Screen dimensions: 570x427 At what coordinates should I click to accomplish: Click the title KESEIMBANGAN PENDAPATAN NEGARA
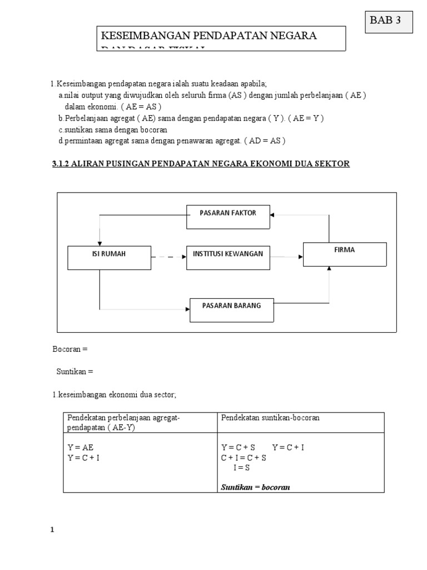(208, 36)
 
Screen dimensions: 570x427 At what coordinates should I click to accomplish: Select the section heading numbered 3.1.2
(201, 164)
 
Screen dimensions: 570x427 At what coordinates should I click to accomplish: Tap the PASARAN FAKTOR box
(228, 213)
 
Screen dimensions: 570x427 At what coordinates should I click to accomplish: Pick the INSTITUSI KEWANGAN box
(228, 254)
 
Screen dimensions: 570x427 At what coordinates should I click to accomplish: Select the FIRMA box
(345, 254)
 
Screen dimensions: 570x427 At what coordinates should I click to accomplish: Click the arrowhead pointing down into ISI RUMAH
(100, 242)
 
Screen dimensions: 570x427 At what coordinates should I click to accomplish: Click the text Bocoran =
(70, 350)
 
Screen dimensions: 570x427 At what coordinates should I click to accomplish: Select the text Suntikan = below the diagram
(75, 371)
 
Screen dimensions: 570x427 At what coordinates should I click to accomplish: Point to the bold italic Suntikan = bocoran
(256, 487)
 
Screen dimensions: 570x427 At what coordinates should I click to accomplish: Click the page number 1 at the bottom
(52, 530)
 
